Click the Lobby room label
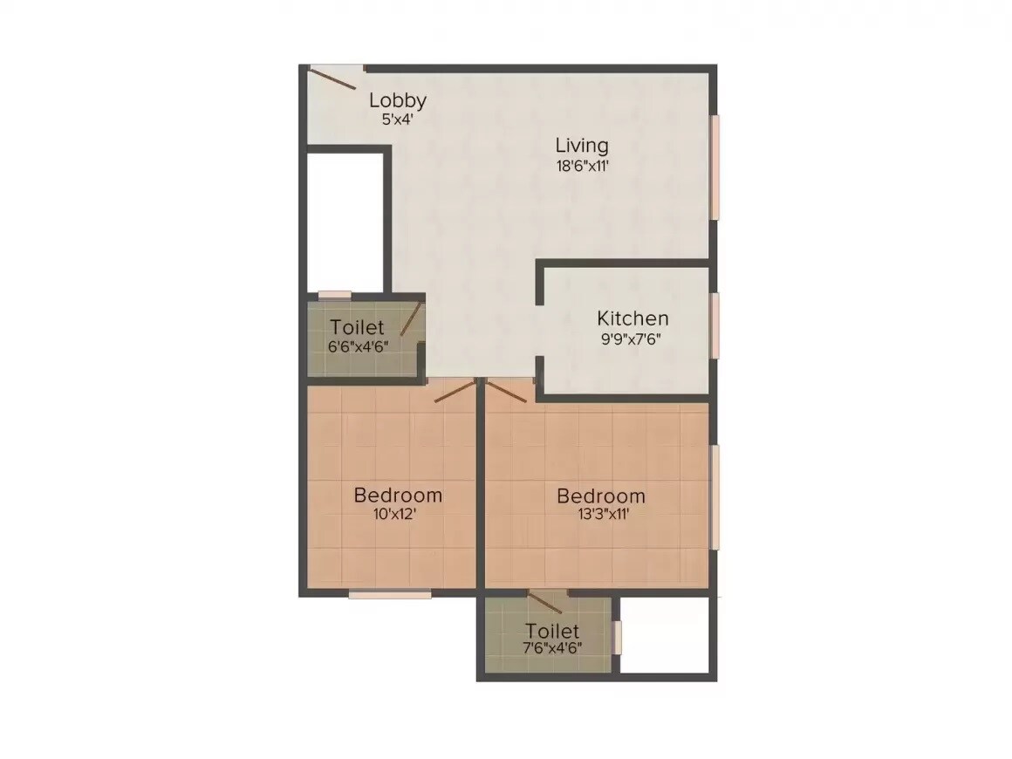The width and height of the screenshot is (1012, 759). pos(397,99)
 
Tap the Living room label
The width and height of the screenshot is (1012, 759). pos(582,146)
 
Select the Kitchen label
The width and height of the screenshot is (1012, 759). pos(632,318)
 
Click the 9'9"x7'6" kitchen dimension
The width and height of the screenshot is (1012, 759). pos(632,338)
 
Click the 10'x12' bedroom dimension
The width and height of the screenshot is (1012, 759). pos(398,515)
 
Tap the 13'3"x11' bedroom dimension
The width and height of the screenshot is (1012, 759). pos(601,515)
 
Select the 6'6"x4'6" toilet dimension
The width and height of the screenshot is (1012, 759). pos(358,345)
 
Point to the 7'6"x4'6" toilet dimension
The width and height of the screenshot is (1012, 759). pos(552,648)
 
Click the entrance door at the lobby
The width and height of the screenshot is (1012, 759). pos(332,78)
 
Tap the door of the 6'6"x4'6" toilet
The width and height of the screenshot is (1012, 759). pos(411,318)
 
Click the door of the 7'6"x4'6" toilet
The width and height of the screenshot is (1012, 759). pos(546,602)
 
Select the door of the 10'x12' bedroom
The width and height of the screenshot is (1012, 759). pos(455,390)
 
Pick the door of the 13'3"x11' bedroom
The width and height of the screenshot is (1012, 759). pos(507,390)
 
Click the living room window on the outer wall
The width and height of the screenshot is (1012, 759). pos(715,168)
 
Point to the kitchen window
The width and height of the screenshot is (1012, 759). pos(715,325)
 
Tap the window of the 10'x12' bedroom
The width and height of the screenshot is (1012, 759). pos(390,595)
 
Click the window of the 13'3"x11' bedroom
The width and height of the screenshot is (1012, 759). pos(715,497)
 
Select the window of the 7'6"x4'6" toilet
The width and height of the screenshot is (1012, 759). pos(617,637)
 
